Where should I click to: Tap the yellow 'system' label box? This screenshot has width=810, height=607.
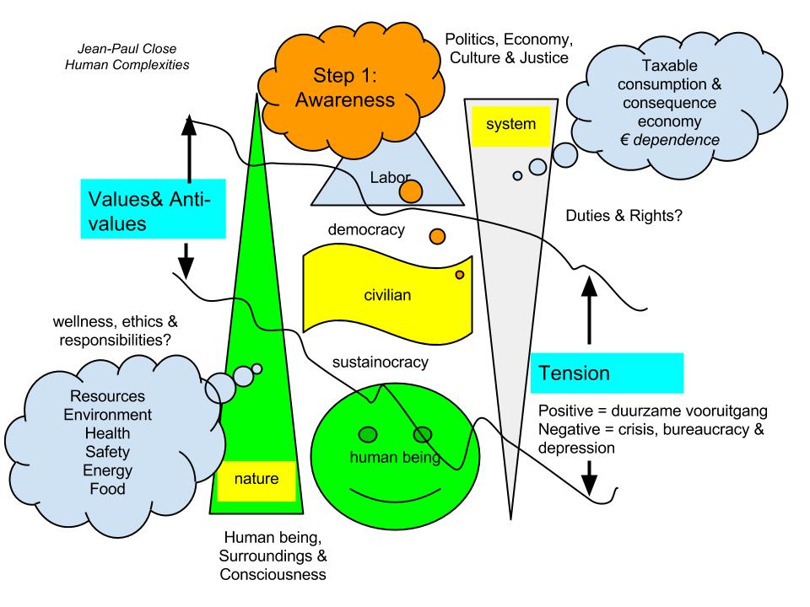[x=511, y=125]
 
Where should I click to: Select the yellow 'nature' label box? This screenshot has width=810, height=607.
[x=256, y=481]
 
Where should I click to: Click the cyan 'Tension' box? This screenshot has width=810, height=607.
[x=606, y=372]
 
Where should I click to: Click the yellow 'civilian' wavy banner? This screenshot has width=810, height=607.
[x=386, y=294]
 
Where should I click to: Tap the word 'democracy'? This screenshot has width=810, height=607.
[x=367, y=229]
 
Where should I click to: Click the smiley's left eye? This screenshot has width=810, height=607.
[x=369, y=434]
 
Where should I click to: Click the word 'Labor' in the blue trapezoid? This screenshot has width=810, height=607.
[x=390, y=177]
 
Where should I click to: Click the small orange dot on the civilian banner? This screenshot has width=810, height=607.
[x=460, y=274]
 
